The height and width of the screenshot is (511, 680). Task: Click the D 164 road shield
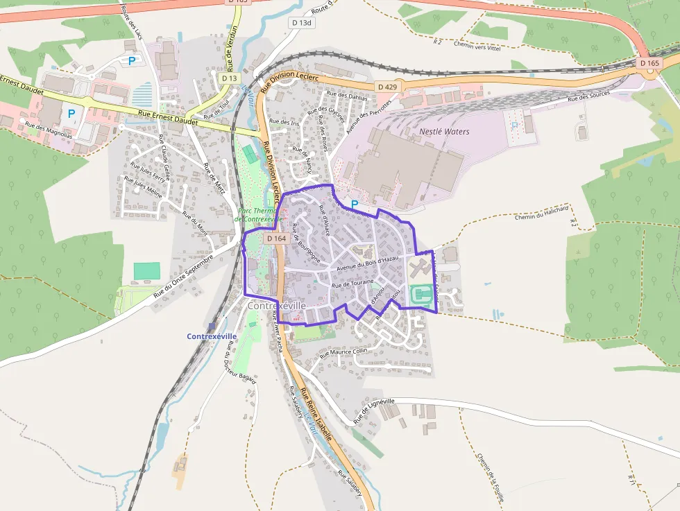(x=276, y=239)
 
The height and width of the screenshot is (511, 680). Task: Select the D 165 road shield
(x=649, y=63)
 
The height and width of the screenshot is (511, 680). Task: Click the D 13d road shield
(x=303, y=23)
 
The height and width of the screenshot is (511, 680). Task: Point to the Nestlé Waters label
(x=444, y=132)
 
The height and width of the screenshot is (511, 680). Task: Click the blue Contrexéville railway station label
(x=212, y=336)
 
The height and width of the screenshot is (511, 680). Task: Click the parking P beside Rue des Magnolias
(x=71, y=113)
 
